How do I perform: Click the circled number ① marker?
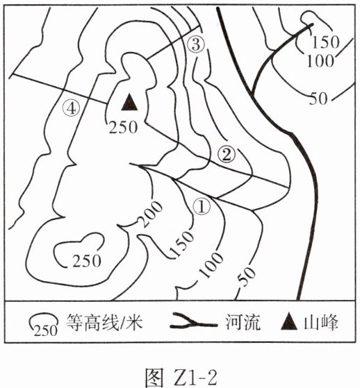click(x=202, y=207)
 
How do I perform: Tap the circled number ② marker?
click(x=227, y=155)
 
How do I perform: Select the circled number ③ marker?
click(x=196, y=45)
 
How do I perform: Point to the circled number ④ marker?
click(x=72, y=109)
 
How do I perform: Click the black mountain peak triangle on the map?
click(x=129, y=103)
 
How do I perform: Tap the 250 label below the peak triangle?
click(x=124, y=128)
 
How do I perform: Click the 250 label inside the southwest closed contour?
click(x=87, y=261)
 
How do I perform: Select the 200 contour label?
click(x=151, y=214)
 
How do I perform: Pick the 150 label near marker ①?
click(x=181, y=244)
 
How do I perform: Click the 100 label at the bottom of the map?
click(x=211, y=265)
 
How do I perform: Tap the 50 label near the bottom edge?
click(x=246, y=277)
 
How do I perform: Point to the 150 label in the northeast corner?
click(x=325, y=42)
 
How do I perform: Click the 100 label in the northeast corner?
click(x=320, y=61)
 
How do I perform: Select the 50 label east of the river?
click(x=318, y=99)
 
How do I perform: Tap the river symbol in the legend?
click(x=194, y=321)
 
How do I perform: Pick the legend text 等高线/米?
click(x=104, y=323)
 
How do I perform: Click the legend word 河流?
click(x=243, y=323)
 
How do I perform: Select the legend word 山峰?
click(x=321, y=323)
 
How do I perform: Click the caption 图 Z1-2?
click(x=181, y=378)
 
